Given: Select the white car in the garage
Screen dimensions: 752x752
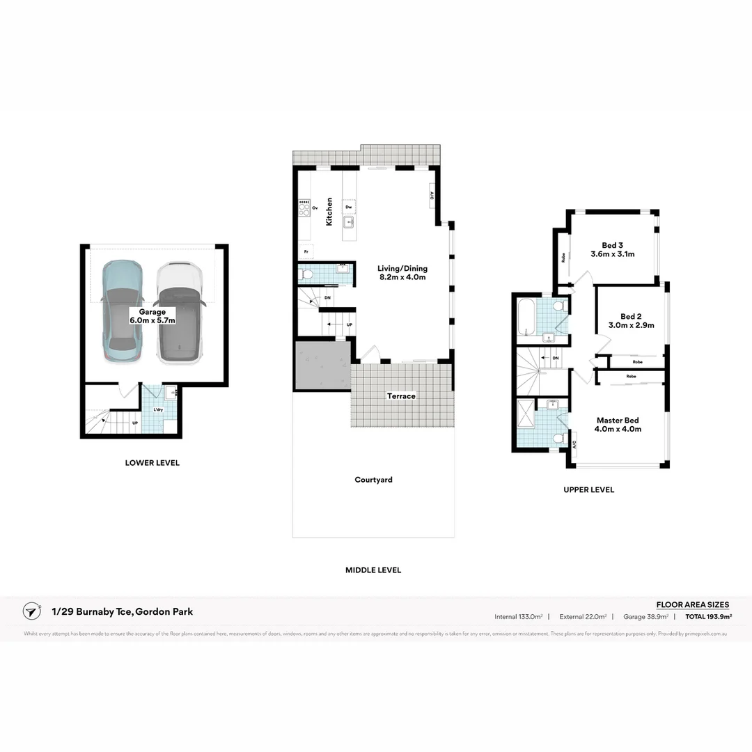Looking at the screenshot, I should tap(178, 313).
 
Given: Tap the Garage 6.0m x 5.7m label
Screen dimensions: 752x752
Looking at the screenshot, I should tap(152, 316).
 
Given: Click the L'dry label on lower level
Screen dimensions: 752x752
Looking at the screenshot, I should tap(158, 410).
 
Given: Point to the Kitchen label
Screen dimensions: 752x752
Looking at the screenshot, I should tap(329, 211).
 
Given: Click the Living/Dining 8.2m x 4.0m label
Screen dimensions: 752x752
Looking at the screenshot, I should tap(402, 272).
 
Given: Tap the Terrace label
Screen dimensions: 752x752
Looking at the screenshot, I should tap(401, 396).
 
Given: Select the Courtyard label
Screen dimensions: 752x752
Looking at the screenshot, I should tap(373, 480).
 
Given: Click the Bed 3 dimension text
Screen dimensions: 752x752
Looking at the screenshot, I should tap(612, 254).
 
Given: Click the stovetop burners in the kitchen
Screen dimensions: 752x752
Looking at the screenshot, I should tap(304, 207).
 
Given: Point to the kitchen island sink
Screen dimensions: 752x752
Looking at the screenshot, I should tap(349, 223).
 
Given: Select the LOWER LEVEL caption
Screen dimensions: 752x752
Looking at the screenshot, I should tap(152, 463).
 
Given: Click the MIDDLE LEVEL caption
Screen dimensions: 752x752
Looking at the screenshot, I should tap(373, 570).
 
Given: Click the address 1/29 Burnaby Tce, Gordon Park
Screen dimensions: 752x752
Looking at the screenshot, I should tap(122, 611).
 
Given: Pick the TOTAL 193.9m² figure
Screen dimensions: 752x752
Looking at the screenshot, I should tap(708, 616).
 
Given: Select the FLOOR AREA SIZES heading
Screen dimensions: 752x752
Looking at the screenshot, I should tap(692, 604).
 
